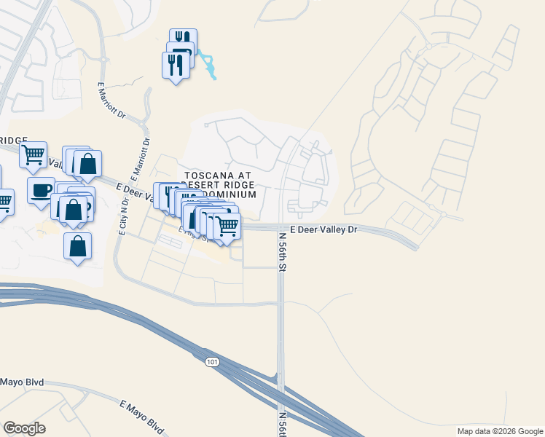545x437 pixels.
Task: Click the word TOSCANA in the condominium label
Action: (209, 176)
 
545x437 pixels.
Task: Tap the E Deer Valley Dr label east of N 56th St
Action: (324, 229)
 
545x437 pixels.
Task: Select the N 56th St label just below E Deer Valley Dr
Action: (281, 252)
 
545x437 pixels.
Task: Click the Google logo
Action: (24, 428)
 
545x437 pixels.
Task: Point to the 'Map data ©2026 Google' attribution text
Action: (500, 431)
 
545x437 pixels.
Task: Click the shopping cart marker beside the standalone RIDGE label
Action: (34, 154)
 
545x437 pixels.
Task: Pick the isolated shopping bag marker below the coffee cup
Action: (77, 245)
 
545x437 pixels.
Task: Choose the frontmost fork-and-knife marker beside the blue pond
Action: (175, 64)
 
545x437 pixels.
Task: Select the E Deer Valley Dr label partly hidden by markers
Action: (135, 192)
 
